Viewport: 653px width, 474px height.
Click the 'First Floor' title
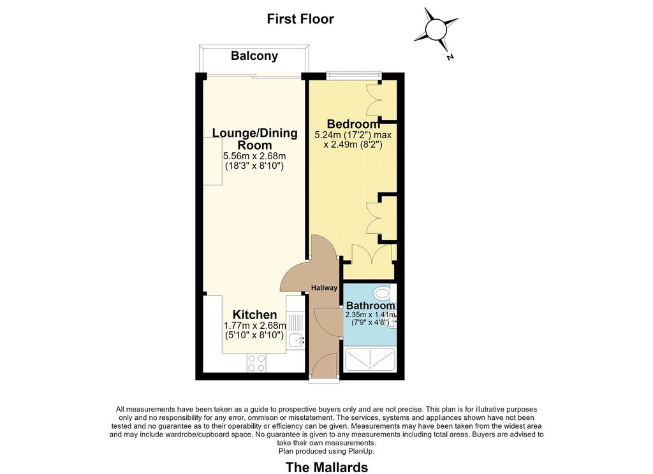point(300,19)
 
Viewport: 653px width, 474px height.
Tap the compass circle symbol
point(436,29)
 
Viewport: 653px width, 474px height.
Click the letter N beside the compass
point(450,57)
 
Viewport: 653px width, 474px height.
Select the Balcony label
point(254,56)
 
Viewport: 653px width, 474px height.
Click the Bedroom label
point(353,124)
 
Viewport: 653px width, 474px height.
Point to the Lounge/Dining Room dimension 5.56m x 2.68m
point(254,157)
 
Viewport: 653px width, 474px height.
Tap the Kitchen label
point(254,315)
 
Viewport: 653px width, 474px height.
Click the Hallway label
point(325,287)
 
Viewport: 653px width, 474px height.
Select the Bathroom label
point(371,306)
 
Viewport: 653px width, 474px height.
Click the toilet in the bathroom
point(381,293)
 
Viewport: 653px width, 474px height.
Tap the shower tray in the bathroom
point(370,359)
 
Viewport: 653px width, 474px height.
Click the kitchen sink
point(298,341)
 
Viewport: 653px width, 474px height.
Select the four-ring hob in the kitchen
point(256,363)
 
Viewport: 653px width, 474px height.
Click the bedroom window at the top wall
point(353,75)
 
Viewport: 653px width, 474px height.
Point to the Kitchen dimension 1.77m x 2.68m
point(255,326)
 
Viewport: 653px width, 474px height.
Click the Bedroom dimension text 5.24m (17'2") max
point(353,135)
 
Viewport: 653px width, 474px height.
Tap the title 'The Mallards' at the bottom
point(327,467)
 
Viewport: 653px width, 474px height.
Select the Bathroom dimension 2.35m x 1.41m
point(371,315)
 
